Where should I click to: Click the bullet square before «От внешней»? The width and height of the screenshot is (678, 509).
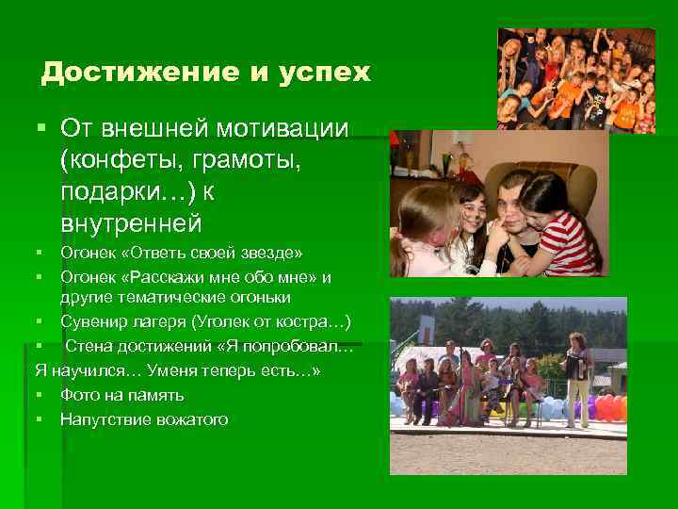point(41,127)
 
